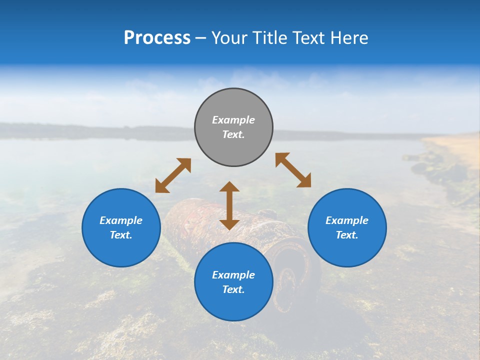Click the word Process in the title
coord(157,38)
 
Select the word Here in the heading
coord(349,38)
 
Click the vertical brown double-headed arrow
coord(229,205)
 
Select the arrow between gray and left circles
coord(173,175)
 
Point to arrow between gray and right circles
coord(293,170)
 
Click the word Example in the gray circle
coord(233,120)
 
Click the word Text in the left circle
coord(120,235)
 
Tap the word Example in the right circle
coord(347,220)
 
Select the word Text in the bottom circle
coord(232,289)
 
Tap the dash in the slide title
coord(200,38)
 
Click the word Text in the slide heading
coord(309,38)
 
